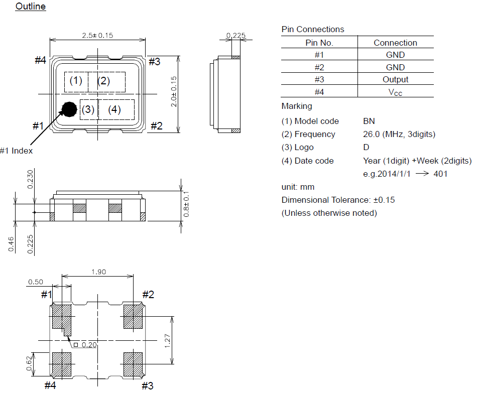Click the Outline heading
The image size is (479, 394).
pos(31,7)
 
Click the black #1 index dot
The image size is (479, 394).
pos(69,109)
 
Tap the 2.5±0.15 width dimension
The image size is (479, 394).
pos(97,36)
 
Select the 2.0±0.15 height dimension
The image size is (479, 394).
pos(174,92)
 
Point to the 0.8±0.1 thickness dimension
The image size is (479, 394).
pos(186,204)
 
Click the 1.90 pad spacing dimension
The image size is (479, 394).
pos(99,272)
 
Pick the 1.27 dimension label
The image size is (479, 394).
pos(167,341)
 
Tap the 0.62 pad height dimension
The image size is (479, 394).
pos(29,363)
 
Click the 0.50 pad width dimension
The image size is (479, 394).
pos(36,282)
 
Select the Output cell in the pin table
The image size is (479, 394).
pos(395,79)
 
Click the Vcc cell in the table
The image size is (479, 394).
pos(395,92)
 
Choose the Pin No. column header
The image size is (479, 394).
pos(319,43)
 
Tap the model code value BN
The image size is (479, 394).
pos(369,121)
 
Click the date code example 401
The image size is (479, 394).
pos(440,174)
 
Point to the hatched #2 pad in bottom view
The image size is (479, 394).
pos(133,316)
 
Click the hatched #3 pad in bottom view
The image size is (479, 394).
pos(133,364)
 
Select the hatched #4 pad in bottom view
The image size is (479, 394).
pos(62,364)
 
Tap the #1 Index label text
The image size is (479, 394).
pos(16,151)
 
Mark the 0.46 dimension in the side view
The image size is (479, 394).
pos(12,244)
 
